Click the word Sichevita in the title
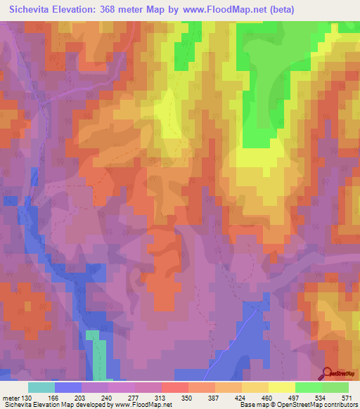tap(32, 9)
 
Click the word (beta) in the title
tap(280, 9)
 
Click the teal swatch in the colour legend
tap(41, 387)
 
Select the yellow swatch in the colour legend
tap(281, 387)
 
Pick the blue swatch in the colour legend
tap(67, 387)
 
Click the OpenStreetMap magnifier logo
tap(327, 372)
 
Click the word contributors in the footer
tap(337, 405)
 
